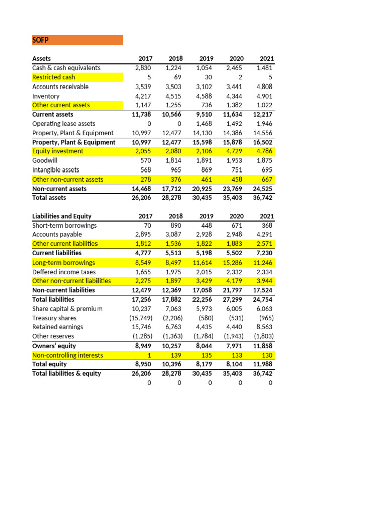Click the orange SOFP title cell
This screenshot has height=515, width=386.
click(77, 40)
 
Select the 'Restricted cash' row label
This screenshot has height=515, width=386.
click(54, 77)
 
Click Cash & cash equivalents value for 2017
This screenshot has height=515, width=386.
click(144, 68)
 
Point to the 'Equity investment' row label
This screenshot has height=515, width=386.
click(58, 151)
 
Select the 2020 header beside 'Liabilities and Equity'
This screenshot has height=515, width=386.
click(235, 216)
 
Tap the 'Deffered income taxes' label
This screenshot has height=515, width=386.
click(64, 272)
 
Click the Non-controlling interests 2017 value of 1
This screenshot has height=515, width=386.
click(149, 355)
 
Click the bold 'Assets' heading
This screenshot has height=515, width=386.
click(41, 59)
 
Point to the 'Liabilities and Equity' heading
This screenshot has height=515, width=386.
click(62, 216)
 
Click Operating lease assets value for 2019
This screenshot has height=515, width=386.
click(204, 124)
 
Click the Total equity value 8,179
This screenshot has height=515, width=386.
click(204, 364)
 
